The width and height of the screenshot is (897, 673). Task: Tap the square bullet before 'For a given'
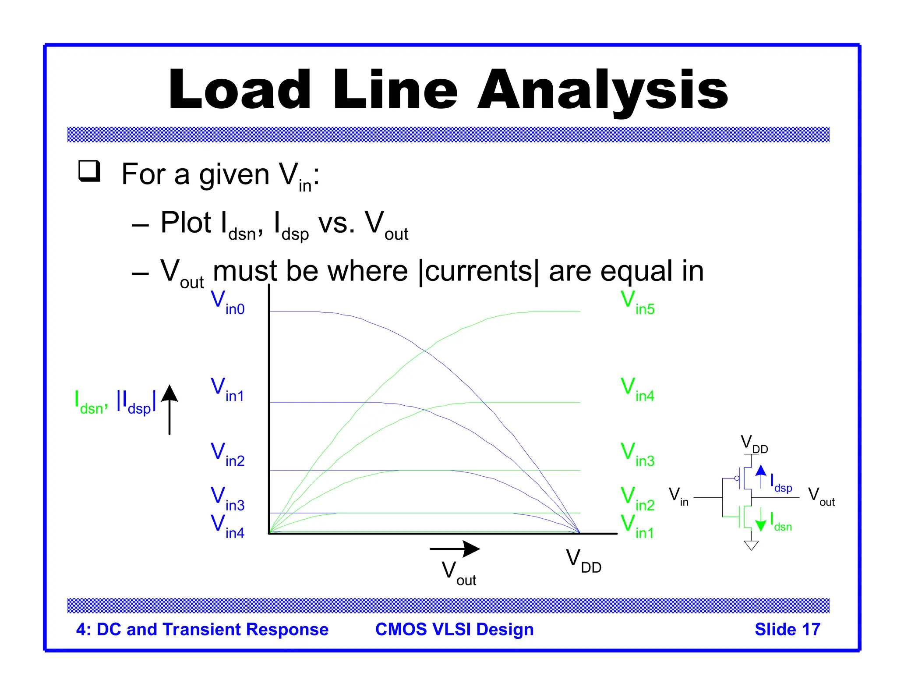89,171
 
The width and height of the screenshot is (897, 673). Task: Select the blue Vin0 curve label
227,303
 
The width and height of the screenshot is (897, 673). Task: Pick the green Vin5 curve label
637,303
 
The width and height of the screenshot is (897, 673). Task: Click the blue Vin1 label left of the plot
227,390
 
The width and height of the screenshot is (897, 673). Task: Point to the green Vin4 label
637,390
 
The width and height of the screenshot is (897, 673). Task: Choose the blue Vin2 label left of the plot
227,454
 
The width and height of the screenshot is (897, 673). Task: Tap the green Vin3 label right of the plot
637,454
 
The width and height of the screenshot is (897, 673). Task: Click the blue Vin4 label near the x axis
227,526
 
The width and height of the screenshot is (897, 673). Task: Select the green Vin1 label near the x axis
637,526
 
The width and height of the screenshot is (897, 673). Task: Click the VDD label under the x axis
583,561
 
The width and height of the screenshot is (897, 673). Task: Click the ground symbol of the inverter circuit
751,545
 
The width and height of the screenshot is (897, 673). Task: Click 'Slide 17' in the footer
787,629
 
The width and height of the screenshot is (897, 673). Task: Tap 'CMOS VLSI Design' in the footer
454,629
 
